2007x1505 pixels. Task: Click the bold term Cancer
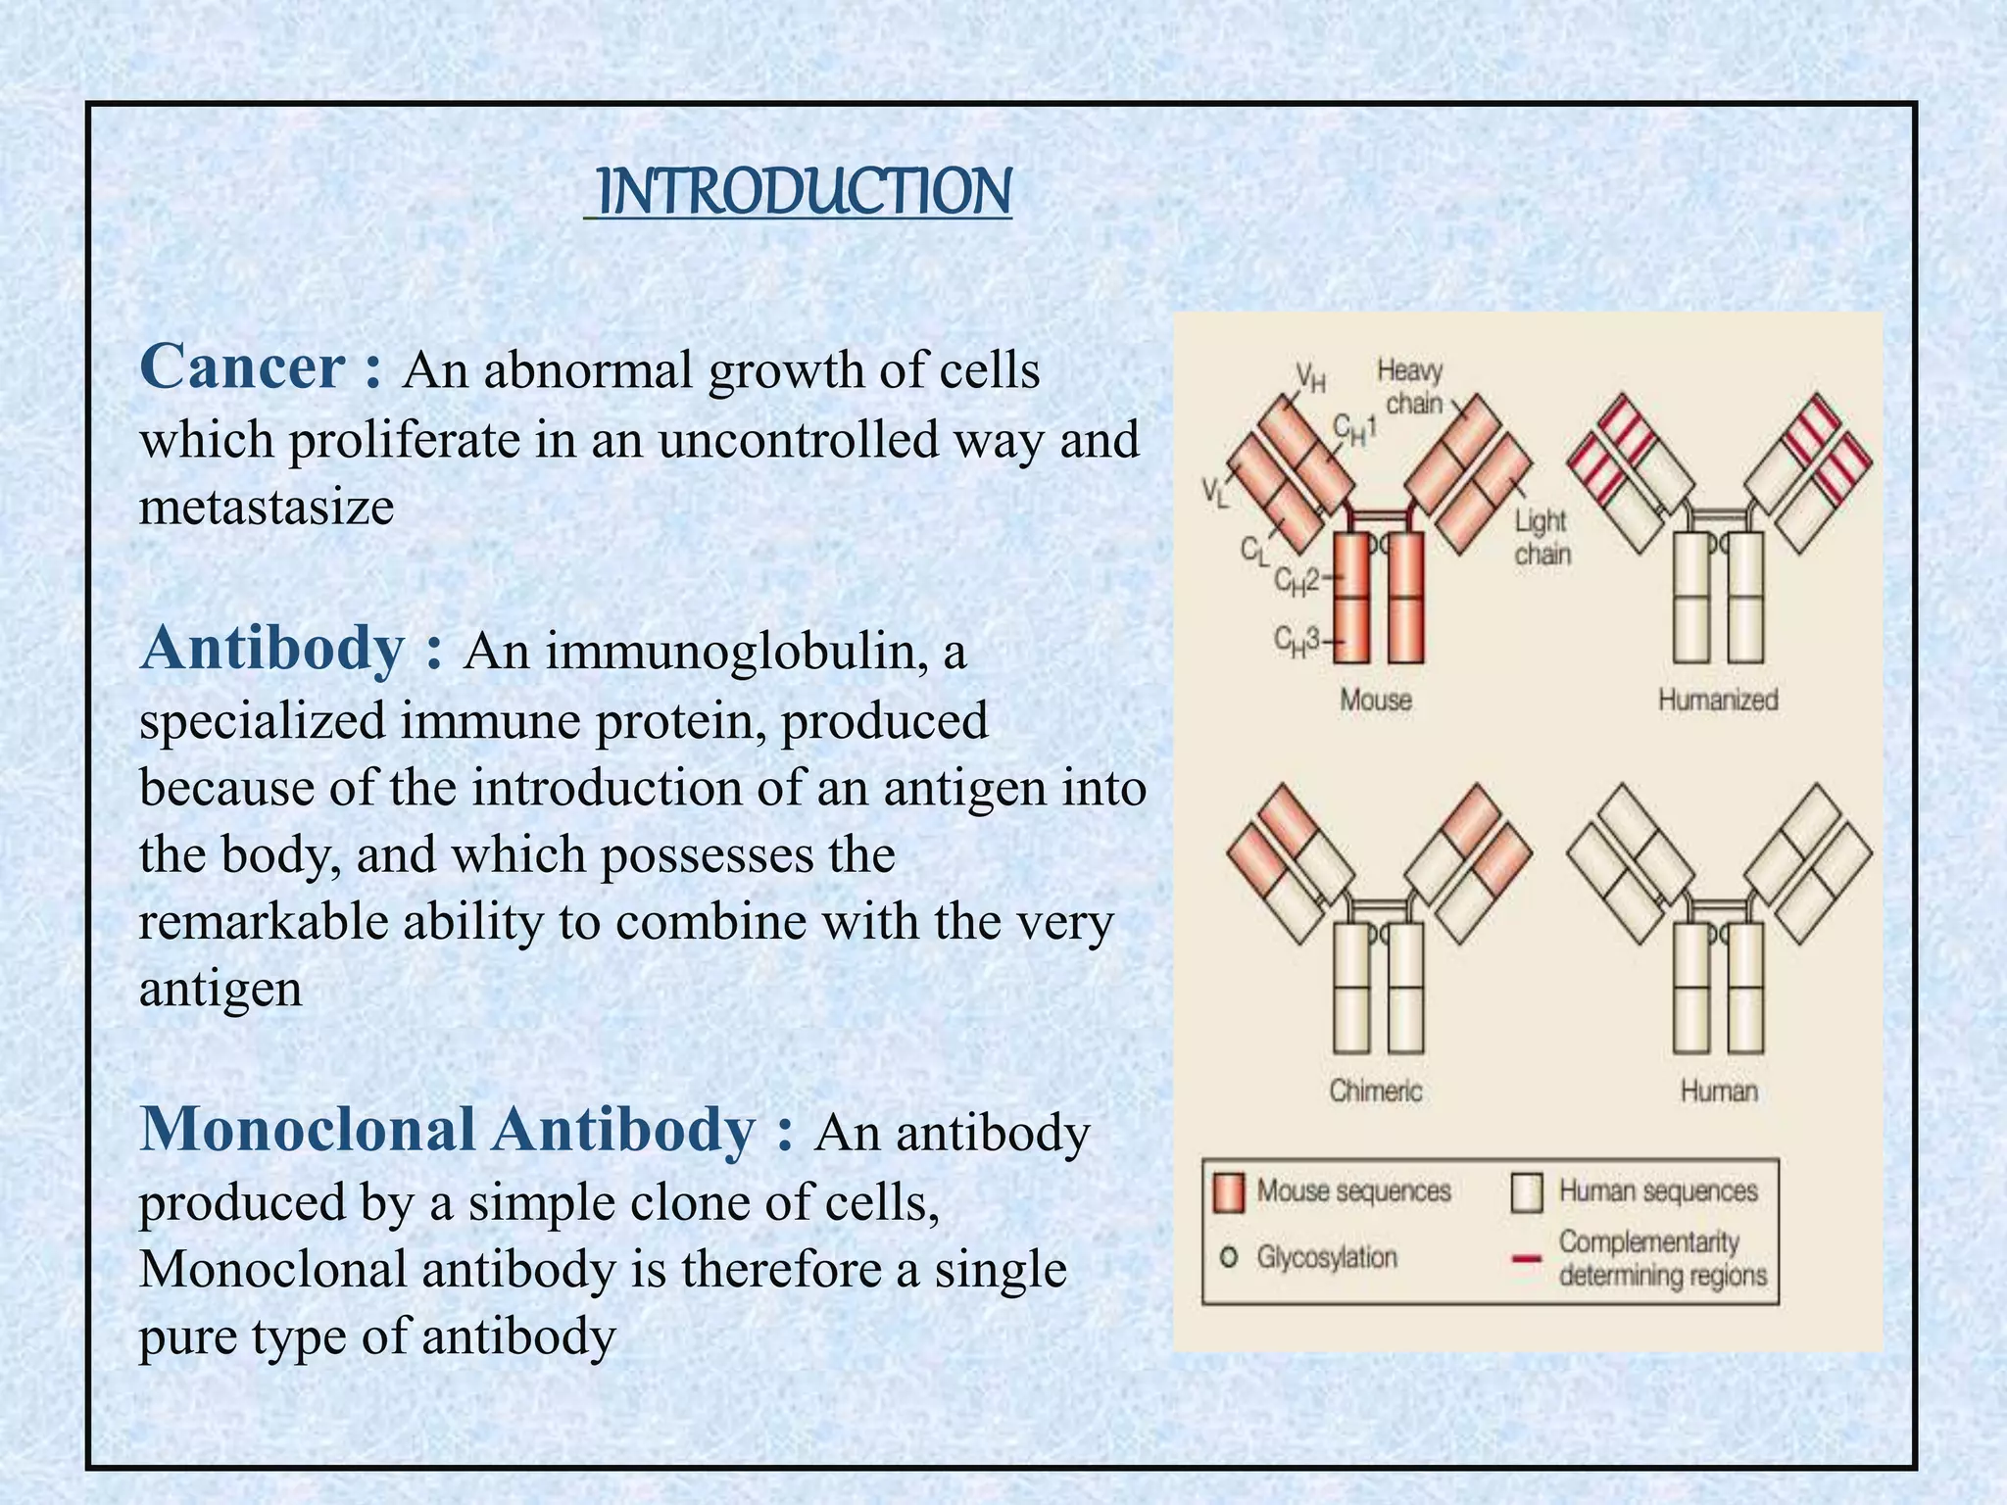(242, 367)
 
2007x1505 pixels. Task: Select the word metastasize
(267, 508)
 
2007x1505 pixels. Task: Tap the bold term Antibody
(272, 649)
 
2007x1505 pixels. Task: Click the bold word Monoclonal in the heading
(307, 1130)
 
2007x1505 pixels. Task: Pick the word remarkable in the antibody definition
(263, 922)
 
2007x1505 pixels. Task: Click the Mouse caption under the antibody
(1376, 700)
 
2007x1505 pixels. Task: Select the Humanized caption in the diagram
(1718, 700)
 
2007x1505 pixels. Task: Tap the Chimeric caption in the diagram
(1375, 1091)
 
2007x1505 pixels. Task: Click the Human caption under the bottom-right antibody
(1719, 1091)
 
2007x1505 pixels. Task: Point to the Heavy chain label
(1411, 387)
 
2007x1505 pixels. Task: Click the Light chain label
(1542, 537)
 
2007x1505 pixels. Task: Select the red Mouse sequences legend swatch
(1229, 1192)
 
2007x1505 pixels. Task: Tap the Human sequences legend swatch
(1527, 1192)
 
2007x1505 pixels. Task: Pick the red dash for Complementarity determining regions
(1527, 1259)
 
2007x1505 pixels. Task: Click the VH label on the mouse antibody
(1310, 376)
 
